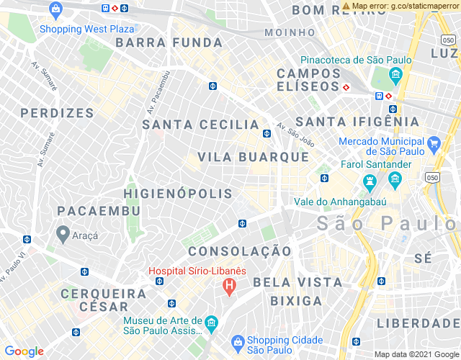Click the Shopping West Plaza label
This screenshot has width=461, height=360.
[86, 30]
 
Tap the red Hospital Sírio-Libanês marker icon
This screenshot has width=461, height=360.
[229, 287]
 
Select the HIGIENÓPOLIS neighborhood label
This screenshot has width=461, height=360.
[178, 194]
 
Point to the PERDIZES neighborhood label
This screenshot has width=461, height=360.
[58, 113]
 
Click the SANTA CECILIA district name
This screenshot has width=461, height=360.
[201, 125]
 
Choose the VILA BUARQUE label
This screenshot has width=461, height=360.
[253, 157]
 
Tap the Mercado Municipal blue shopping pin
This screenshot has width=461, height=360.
[433, 145]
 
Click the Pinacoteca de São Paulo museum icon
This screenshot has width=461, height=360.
[395, 75]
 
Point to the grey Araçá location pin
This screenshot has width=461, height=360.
[63, 233]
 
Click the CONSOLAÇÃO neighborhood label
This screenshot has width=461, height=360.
[240, 251]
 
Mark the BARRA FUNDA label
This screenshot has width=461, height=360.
[159, 42]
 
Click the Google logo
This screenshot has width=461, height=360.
[24, 351]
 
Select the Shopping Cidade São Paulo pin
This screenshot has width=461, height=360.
[236, 341]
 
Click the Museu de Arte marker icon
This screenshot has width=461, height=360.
[211, 322]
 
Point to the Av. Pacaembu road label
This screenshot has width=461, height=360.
[157, 91]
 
